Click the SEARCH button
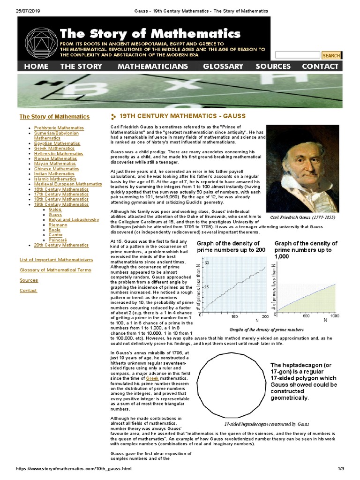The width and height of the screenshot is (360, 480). pyautogui.click(x=331, y=55)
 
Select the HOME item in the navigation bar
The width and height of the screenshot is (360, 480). pyautogui.click(x=36, y=67)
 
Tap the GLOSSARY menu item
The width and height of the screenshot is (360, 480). pyautogui.click(x=223, y=67)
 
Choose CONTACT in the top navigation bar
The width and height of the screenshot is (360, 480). pyautogui.click(x=320, y=67)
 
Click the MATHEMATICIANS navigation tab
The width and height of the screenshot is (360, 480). pyautogui.click(x=152, y=67)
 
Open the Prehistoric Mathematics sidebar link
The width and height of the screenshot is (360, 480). pyautogui.click(x=59, y=127)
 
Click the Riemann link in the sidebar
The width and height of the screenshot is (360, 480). pyautogui.click(x=58, y=225)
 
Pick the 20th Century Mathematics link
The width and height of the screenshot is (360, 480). pyautogui.click(x=61, y=245)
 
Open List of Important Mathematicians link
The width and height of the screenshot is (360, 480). pyautogui.click(x=56, y=260)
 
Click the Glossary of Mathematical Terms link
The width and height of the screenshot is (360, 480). pyautogui.click(x=55, y=270)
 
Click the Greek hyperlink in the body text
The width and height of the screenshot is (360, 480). pyautogui.click(x=152, y=377)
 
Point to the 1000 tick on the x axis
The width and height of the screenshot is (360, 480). pyautogui.click(x=334, y=316)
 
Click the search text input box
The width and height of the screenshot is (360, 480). pyautogui.click(x=297, y=55)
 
